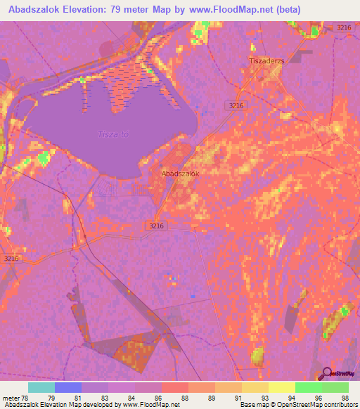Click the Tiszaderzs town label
(x=266, y=61)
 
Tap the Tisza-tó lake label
(x=112, y=134)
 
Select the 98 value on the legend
(x=345, y=399)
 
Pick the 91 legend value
(x=237, y=399)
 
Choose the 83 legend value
(x=103, y=399)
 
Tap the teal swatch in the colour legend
(x=41, y=387)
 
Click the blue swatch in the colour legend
(x=67, y=387)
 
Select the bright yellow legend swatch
(x=281, y=387)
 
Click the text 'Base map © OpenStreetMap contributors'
(x=298, y=405)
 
